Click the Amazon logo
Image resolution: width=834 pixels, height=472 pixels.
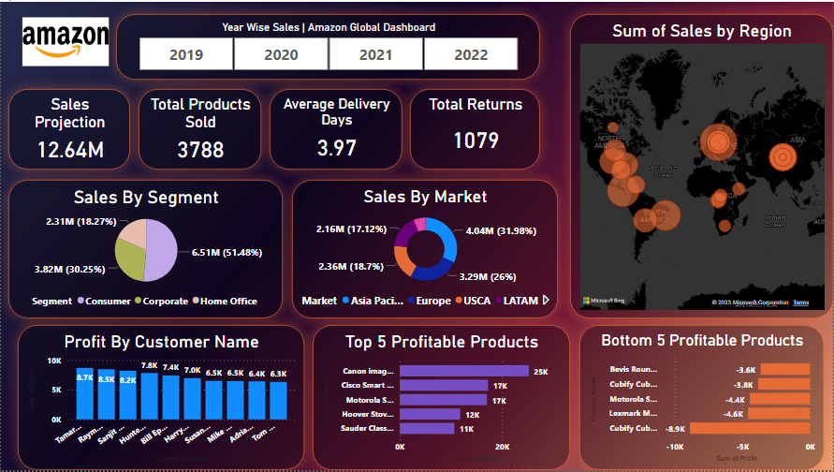[66, 43]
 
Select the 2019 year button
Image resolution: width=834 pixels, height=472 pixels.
[186, 54]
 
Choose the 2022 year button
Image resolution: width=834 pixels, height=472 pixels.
[471, 54]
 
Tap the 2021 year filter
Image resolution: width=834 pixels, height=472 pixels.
[375, 54]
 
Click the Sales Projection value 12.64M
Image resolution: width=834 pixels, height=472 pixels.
[70, 149]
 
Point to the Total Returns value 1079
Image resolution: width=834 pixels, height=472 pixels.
[476, 140]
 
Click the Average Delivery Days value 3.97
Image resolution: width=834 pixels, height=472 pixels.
[336, 148]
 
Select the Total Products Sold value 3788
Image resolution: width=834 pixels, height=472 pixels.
[200, 149]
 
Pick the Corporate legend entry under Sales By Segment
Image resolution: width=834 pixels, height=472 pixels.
[163, 301]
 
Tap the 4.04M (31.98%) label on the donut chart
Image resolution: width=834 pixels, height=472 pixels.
[495, 231]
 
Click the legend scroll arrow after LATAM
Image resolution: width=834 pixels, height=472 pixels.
[546, 301]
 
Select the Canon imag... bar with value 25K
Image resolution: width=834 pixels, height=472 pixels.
[464, 371]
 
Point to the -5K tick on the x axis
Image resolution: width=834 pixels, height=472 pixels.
[742, 448]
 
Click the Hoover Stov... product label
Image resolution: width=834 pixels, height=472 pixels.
[368, 413]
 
